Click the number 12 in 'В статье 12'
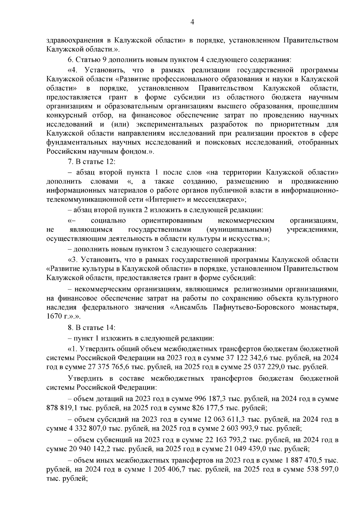[x=109, y=162]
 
